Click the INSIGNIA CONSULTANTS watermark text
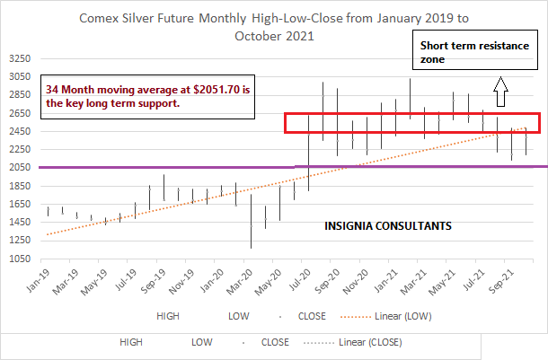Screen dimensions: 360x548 (x=387, y=226)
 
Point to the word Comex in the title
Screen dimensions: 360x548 (x=101, y=18)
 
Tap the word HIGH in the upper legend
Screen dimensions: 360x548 (x=168, y=316)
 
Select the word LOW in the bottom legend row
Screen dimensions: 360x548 (x=203, y=342)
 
